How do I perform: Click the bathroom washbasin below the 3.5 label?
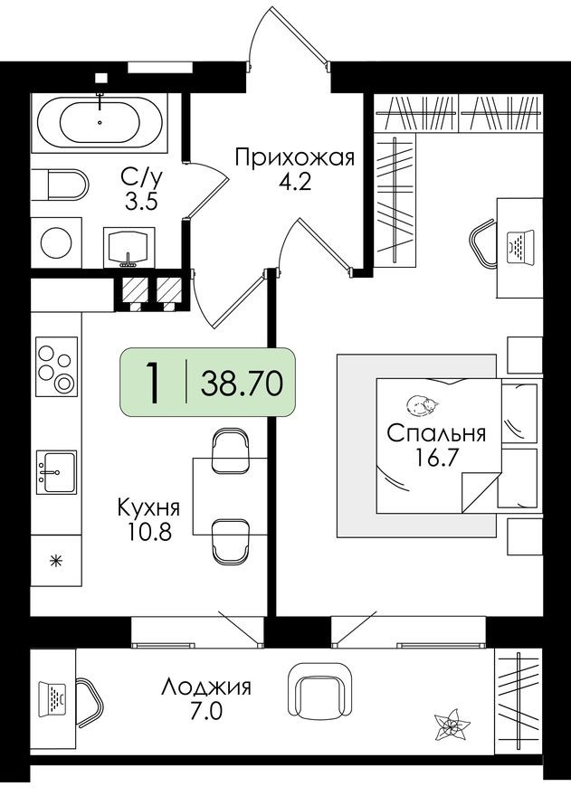(131, 245)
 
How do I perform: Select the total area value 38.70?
(242, 383)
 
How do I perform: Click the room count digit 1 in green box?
(155, 383)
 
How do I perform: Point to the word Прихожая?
(292, 159)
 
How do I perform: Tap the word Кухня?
(148, 507)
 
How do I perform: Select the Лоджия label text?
(205, 687)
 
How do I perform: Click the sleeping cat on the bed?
(421, 404)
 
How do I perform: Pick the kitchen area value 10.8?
(148, 530)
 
